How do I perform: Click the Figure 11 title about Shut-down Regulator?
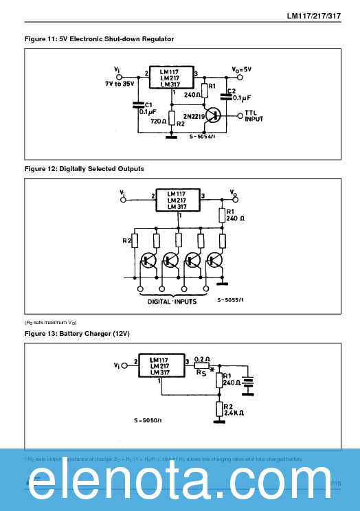click(x=99, y=39)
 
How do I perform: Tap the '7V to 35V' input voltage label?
click(x=121, y=82)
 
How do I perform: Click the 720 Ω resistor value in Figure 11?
click(x=159, y=121)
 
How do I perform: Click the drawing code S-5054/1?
click(x=203, y=137)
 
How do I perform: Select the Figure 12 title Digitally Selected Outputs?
click(x=85, y=168)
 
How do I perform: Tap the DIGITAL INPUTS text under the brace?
click(x=172, y=301)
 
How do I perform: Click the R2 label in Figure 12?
click(x=126, y=241)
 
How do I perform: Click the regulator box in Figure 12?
click(x=178, y=199)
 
